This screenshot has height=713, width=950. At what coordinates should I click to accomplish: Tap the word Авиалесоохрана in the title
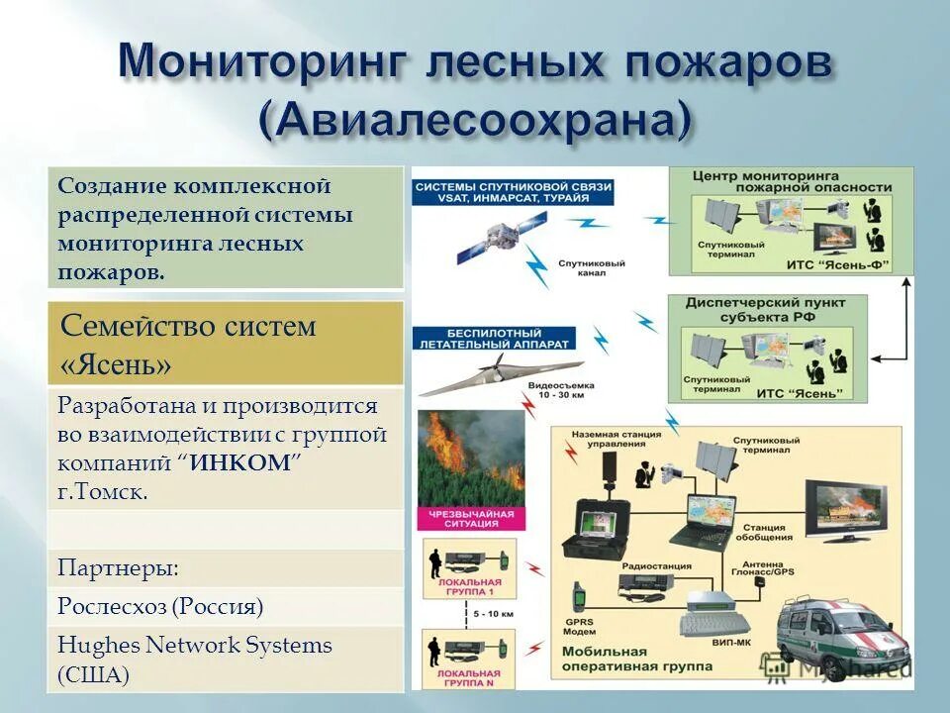tap(475, 119)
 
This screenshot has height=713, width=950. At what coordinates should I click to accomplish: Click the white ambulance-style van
tap(841, 635)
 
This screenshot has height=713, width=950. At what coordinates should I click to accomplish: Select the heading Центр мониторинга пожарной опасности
tap(792, 181)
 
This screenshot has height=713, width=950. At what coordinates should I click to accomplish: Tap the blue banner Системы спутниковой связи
tap(513, 191)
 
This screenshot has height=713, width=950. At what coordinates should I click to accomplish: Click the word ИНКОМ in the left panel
tap(241, 462)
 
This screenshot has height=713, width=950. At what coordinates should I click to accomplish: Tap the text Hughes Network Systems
tap(195, 646)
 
